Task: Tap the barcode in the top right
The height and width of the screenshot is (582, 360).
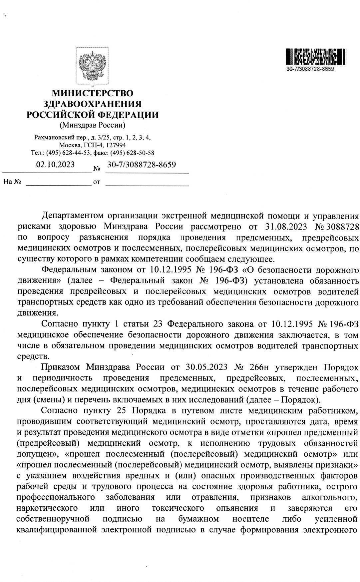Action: pyautogui.click(x=316, y=57)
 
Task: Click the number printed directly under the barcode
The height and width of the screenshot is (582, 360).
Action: pyautogui.click(x=310, y=69)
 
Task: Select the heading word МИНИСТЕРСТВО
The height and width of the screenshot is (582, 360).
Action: pyautogui.click(x=92, y=93)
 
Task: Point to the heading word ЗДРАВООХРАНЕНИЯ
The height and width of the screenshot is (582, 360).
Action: pyautogui.click(x=93, y=104)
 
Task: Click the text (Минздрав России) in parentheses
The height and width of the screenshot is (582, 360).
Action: pyautogui.click(x=92, y=125)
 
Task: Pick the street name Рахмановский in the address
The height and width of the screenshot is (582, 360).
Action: pyautogui.click(x=53, y=137)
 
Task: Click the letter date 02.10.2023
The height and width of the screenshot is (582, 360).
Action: pyautogui.click(x=55, y=165)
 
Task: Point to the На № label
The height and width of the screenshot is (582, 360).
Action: pyautogui.click(x=12, y=182)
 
